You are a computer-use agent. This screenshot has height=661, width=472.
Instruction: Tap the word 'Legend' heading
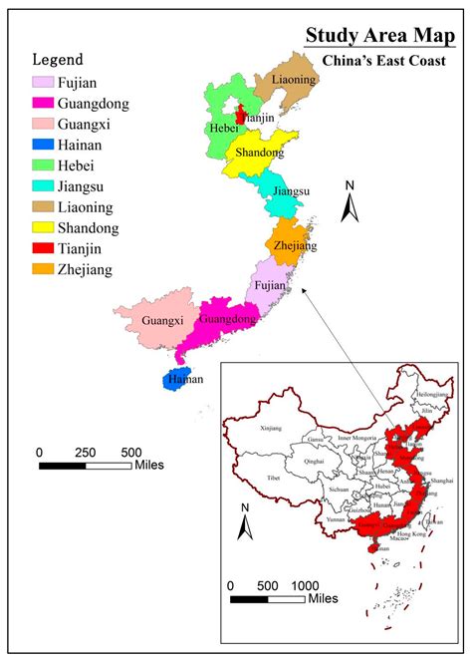coord(58,60)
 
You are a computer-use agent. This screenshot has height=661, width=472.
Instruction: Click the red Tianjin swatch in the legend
coord(44,248)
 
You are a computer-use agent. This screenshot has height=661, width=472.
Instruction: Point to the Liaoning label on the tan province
coord(294,79)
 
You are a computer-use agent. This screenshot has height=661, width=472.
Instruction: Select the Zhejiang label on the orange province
coord(296,245)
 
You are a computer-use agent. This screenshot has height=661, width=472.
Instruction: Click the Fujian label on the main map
coord(271,285)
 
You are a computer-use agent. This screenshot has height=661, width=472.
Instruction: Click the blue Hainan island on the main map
coord(182,379)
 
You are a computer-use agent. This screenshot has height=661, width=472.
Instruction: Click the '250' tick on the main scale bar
coord(86,451)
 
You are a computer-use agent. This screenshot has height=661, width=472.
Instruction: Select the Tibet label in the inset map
coord(272,478)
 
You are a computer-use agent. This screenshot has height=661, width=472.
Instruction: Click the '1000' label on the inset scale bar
coord(305,584)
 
